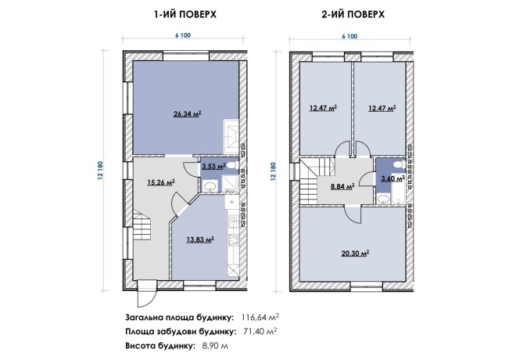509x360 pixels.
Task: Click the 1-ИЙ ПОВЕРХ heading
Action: coord(185,15)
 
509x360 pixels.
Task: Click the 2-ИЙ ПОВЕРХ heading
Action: coord(353,15)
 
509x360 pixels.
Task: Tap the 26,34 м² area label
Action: coord(188,114)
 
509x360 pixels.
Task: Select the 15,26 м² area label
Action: coord(161,182)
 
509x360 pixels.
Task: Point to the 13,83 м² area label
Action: coord(200,240)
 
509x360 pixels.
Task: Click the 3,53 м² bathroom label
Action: coord(213,167)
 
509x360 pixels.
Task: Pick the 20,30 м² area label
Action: coord(356,253)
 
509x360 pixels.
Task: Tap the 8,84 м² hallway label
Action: coord(342,186)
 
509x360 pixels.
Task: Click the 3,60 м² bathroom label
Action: coord(393,178)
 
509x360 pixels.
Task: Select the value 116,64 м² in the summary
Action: coord(260,317)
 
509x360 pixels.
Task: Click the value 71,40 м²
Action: coord(260,331)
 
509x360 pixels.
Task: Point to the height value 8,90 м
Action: coord(215,346)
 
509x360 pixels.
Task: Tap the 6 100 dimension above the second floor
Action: coord(349,36)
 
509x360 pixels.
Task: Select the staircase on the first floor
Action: coord(142,225)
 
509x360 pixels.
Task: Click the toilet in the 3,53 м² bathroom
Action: coord(232,165)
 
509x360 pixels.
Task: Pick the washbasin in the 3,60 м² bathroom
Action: coord(384,199)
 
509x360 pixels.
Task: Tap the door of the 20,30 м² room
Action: coord(353,214)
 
